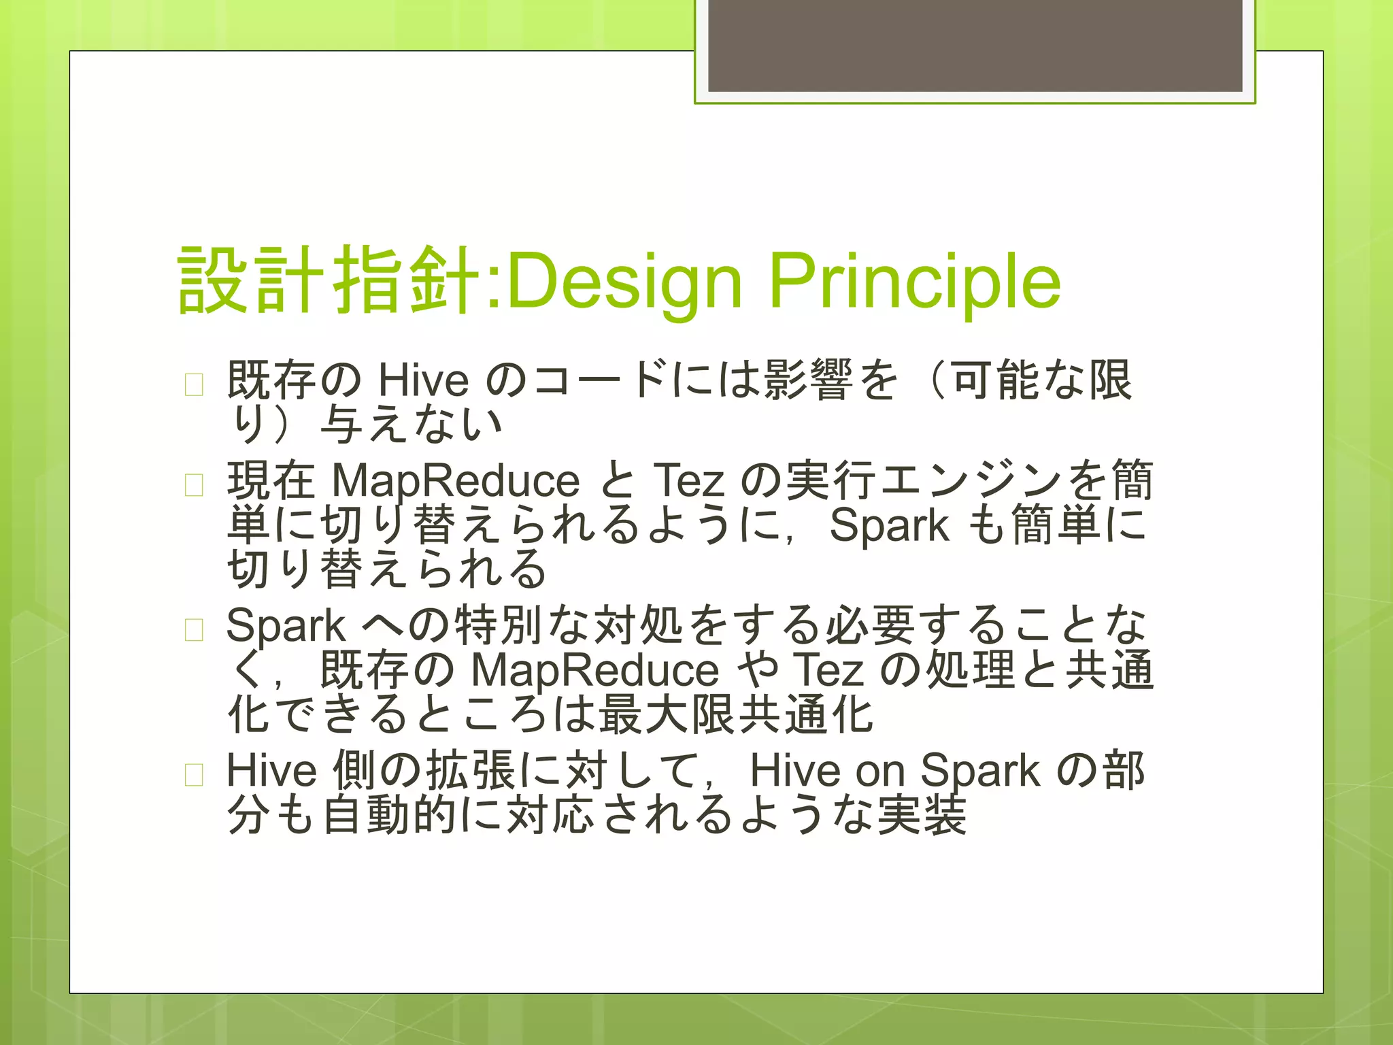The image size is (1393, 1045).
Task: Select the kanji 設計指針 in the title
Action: (331, 280)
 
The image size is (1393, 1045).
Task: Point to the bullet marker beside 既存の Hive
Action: (194, 385)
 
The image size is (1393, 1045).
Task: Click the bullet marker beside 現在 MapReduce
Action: (194, 485)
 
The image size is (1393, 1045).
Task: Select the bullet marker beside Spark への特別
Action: (194, 630)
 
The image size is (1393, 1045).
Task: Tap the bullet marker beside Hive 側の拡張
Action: (194, 775)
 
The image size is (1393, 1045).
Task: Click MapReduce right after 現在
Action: (455, 480)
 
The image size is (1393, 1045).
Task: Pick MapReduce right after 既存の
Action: (594, 670)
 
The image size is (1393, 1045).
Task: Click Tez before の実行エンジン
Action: (688, 480)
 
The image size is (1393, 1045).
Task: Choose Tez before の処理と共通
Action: (828, 670)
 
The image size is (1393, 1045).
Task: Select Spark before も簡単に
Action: (889, 526)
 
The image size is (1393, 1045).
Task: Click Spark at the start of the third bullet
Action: (286, 625)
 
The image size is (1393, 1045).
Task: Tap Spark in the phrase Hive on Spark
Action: (979, 771)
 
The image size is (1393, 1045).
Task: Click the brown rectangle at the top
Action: (975, 46)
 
